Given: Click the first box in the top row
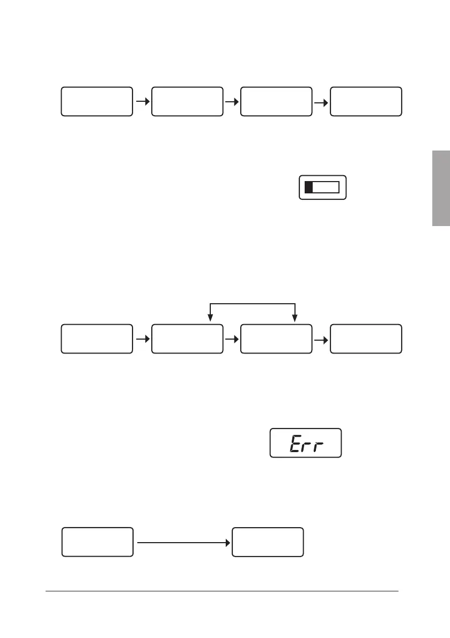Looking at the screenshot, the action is pyautogui.click(x=97, y=101).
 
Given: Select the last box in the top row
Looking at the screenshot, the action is pyautogui.click(x=366, y=101).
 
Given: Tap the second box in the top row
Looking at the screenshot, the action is pyautogui.click(x=187, y=101).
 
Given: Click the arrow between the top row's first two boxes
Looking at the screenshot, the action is pyautogui.click(x=142, y=101).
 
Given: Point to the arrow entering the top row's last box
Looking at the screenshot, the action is pyautogui.click(x=321, y=101).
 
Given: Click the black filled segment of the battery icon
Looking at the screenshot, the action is pyautogui.click(x=308, y=187).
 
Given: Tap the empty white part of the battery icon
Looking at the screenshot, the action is pyautogui.click(x=326, y=187).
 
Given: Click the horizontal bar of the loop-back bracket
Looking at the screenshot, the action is pyautogui.click(x=253, y=304).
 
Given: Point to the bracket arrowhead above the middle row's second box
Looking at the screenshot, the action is pyautogui.click(x=210, y=318).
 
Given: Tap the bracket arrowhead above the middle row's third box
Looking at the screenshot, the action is pyautogui.click(x=295, y=318).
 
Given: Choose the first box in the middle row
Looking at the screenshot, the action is pyautogui.click(x=97, y=339).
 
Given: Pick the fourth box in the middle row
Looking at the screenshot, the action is pyautogui.click(x=366, y=339).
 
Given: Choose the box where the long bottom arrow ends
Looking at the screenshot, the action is pyautogui.click(x=268, y=542).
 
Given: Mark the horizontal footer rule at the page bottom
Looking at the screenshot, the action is pyautogui.click(x=222, y=591).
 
